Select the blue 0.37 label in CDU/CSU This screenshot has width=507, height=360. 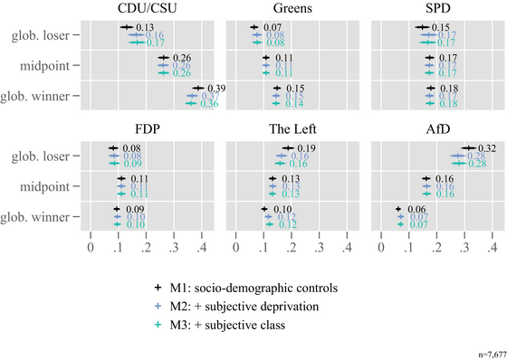pos(209,96)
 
